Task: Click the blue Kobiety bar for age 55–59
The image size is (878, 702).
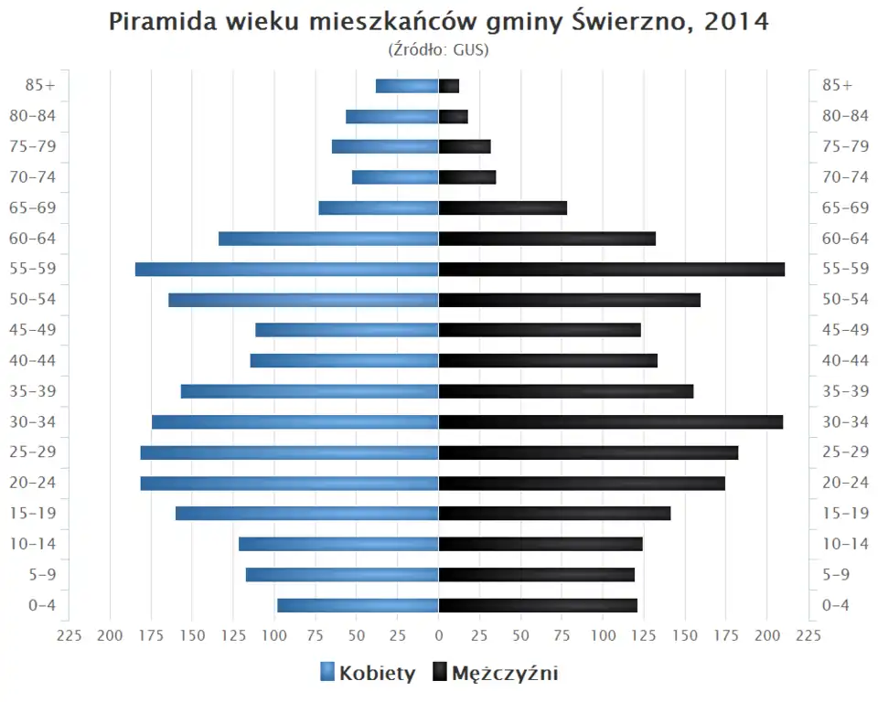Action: pos(287,270)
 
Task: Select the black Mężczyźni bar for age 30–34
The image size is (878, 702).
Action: pos(611,422)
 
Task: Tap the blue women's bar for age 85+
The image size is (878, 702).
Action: pos(407,86)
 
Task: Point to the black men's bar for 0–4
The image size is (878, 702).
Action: pos(538,605)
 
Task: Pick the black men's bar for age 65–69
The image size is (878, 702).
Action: pos(503,208)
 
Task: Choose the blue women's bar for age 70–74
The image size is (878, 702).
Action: pos(395,177)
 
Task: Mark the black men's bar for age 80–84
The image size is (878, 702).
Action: pos(454,117)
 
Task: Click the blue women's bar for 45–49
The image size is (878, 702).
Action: pos(347,330)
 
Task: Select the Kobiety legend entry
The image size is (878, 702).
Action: pos(368,674)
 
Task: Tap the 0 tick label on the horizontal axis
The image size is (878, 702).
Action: pos(439,635)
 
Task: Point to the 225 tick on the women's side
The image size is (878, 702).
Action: pos(70,635)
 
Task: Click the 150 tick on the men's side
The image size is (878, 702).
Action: pos(685,635)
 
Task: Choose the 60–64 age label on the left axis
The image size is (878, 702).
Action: pos(34,239)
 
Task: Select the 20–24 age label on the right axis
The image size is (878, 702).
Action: pos(845,483)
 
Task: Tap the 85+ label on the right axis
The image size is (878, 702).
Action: pos(837,85)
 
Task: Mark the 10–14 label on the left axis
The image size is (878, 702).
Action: pos(34,544)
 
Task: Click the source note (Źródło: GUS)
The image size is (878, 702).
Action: pos(439,49)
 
